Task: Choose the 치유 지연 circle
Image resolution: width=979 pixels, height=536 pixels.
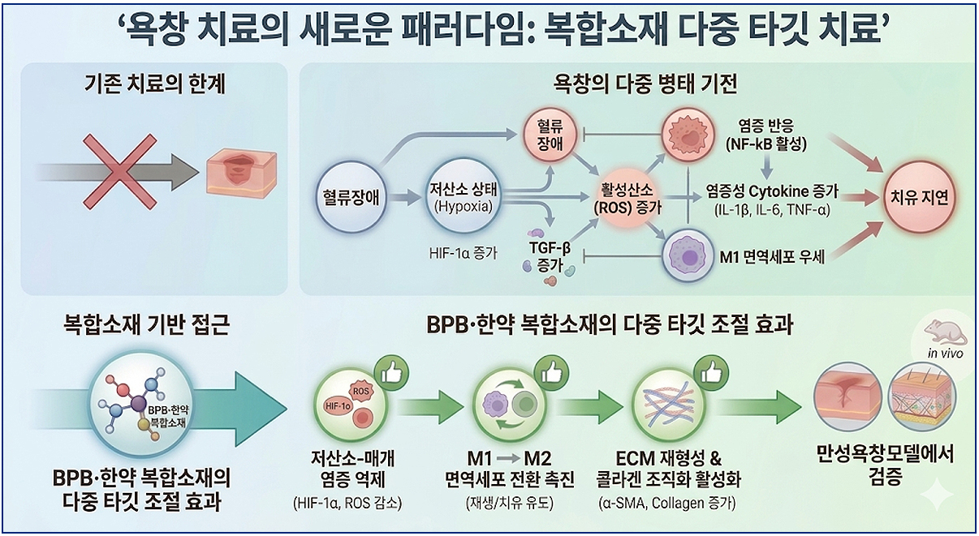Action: click(920, 197)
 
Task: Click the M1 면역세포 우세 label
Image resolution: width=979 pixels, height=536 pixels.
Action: click(772, 258)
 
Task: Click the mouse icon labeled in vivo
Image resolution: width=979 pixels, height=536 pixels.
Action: click(942, 334)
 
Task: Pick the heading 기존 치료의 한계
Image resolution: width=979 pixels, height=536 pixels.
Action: click(155, 84)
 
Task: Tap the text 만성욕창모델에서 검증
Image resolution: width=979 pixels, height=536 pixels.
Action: click(885, 465)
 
